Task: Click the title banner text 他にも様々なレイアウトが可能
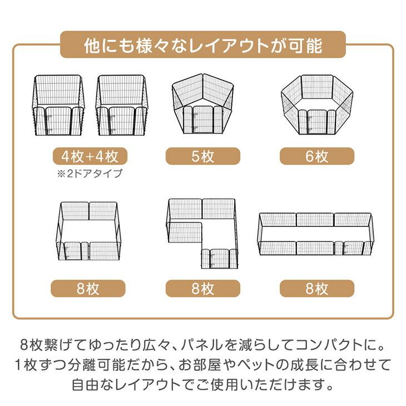coord(203,45)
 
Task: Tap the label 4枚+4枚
coord(88,156)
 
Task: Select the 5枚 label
coord(203,156)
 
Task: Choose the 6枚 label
coord(317,156)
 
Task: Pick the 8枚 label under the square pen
coord(88,289)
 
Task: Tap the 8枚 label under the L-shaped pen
coord(203,289)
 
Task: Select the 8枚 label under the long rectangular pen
coord(317,289)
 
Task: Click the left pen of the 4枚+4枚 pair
coord(59,106)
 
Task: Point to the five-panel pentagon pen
coord(203,106)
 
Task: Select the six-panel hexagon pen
coord(317,106)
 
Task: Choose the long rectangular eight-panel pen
coord(315,234)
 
